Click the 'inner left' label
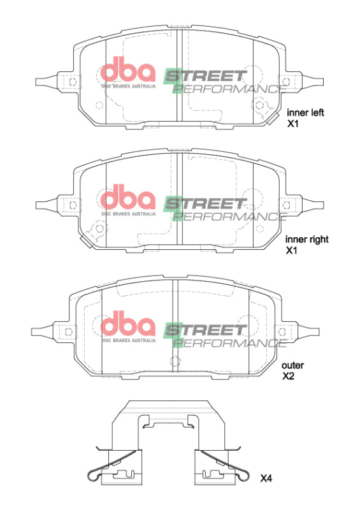305,113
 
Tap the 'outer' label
293,365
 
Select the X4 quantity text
266,477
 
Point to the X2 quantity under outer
289,377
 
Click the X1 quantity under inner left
293,124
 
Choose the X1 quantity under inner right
292,251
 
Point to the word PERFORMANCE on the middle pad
226,215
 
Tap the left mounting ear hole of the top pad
73,81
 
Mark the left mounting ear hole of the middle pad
73,205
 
